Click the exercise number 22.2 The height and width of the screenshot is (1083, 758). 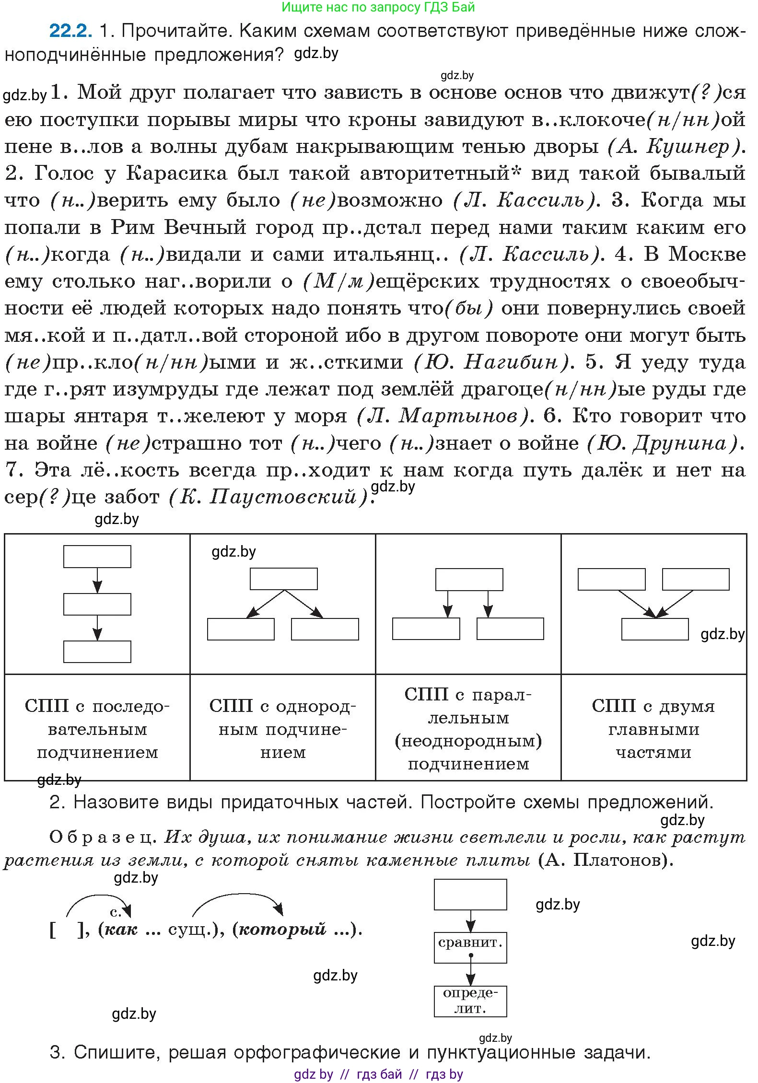70,31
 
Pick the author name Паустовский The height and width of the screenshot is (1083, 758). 283,497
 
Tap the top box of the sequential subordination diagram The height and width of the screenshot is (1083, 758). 97,557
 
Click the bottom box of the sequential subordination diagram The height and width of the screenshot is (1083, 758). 97,652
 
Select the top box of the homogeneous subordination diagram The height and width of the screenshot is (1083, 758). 283,579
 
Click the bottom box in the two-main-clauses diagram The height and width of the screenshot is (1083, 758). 655,629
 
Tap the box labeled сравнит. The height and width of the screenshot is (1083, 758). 470,943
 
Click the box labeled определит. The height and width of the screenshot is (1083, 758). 470,1001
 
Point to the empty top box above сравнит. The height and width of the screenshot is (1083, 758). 470,895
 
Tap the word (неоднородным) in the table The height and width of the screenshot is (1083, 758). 468,741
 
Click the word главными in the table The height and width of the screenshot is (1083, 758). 653,729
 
